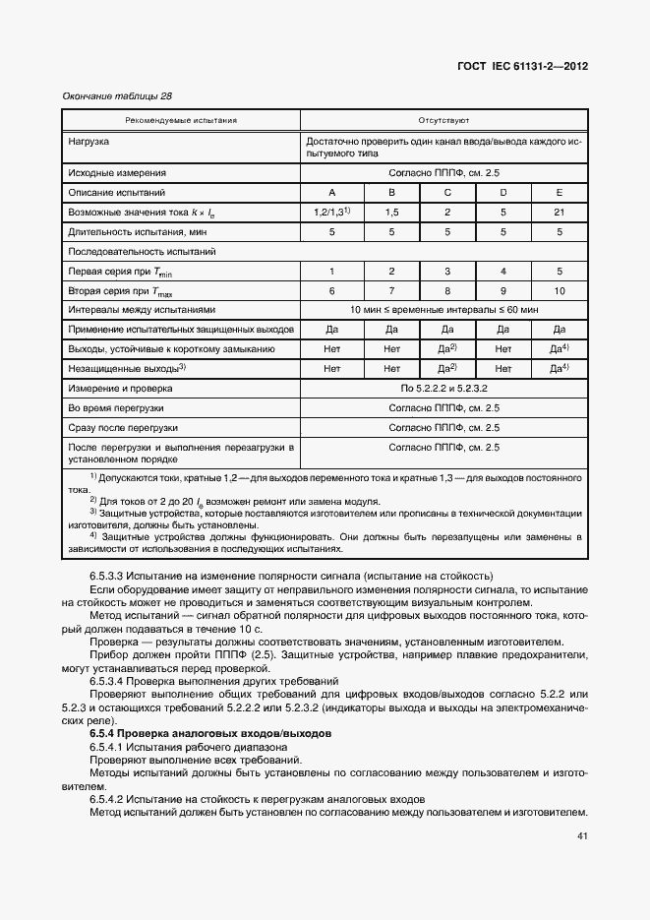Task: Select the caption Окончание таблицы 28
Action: click(116, 96)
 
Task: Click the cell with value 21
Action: click(560, 212)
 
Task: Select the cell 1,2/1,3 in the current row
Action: click(331, 212)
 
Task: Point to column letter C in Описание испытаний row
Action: click(447, 192)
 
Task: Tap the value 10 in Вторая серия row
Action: click(560, 291)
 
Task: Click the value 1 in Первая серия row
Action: click(332, 271)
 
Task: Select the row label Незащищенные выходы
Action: click(126, 368)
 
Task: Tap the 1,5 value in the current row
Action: click(391, 212)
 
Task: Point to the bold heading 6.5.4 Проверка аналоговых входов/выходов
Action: click(210, 734)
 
